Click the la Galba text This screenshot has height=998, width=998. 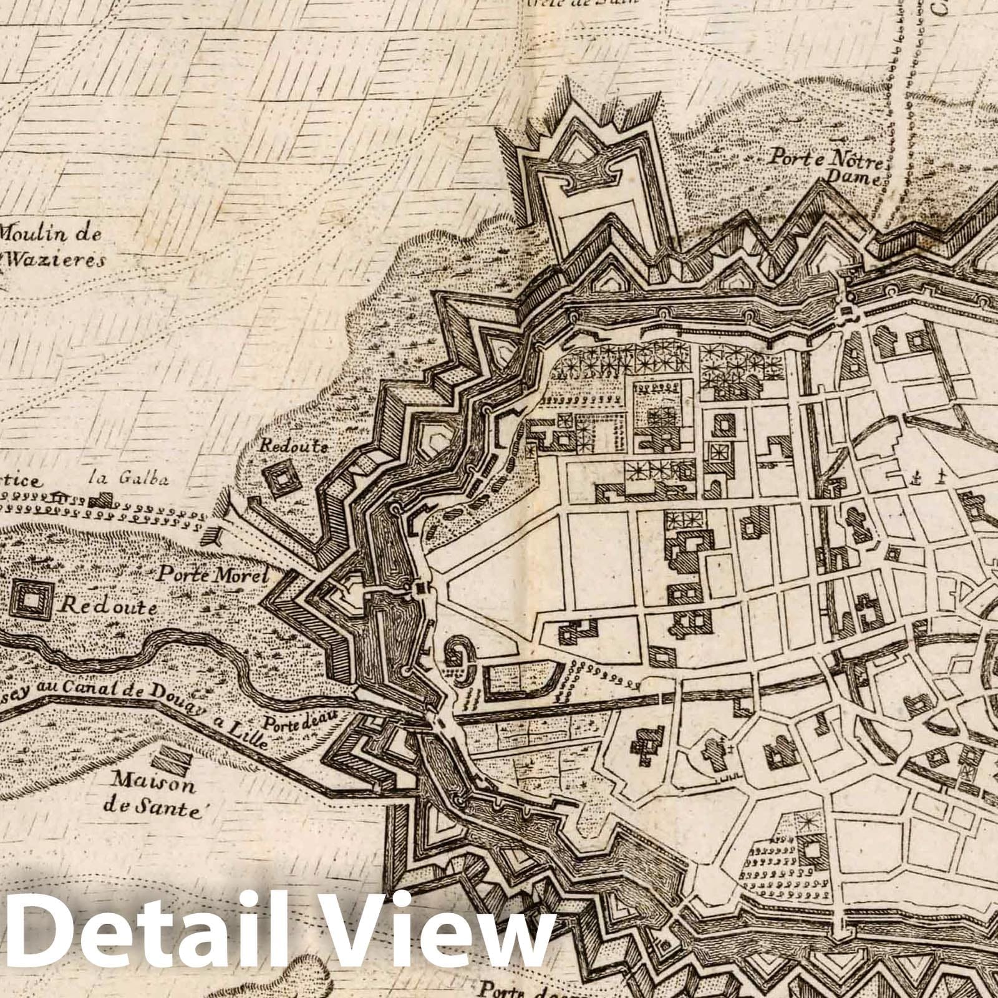[x=129, y=479]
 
